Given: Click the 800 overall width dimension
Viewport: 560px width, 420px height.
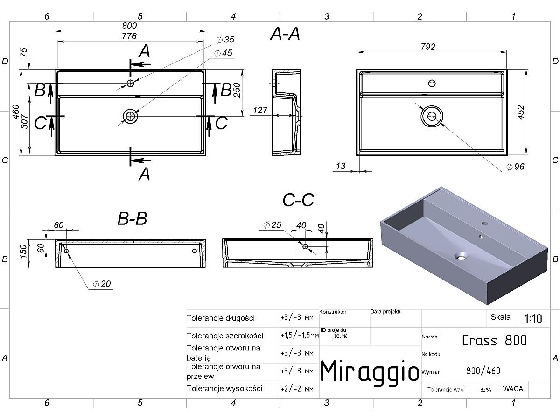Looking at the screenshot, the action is click(129, 26).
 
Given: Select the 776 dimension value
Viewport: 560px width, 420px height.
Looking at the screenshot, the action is click(129, 36).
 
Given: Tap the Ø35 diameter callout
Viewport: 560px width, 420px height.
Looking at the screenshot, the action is click(225, 40).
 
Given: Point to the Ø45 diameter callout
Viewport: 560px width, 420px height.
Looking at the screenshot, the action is click(223, 53).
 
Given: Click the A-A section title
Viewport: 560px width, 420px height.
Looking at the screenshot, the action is click(285, 34).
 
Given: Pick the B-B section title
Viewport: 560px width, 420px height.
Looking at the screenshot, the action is click(132, 218).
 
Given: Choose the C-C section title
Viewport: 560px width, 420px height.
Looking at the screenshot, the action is click(298, 200).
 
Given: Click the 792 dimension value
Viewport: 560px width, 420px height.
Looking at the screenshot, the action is click(428, 47).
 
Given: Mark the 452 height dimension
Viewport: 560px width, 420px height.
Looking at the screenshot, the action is click(521, 112).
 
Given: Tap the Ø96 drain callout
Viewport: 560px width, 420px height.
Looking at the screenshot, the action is click(515, 167).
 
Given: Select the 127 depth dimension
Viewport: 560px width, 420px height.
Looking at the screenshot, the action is click(260, 111).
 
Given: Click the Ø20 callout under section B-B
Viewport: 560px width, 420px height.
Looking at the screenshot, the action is click(102, 284).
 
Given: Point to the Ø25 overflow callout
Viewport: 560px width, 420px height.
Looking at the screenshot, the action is click(272, 225).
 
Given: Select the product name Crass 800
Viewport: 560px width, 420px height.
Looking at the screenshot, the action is click(494, 341).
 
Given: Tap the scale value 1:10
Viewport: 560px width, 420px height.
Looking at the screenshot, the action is click(533, 319).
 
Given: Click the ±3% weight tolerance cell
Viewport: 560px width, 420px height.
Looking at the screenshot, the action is click(486, 390).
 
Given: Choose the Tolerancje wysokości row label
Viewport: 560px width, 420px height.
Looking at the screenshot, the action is click(224, 389).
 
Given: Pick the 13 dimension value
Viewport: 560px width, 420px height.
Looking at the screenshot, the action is click(341, 166).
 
